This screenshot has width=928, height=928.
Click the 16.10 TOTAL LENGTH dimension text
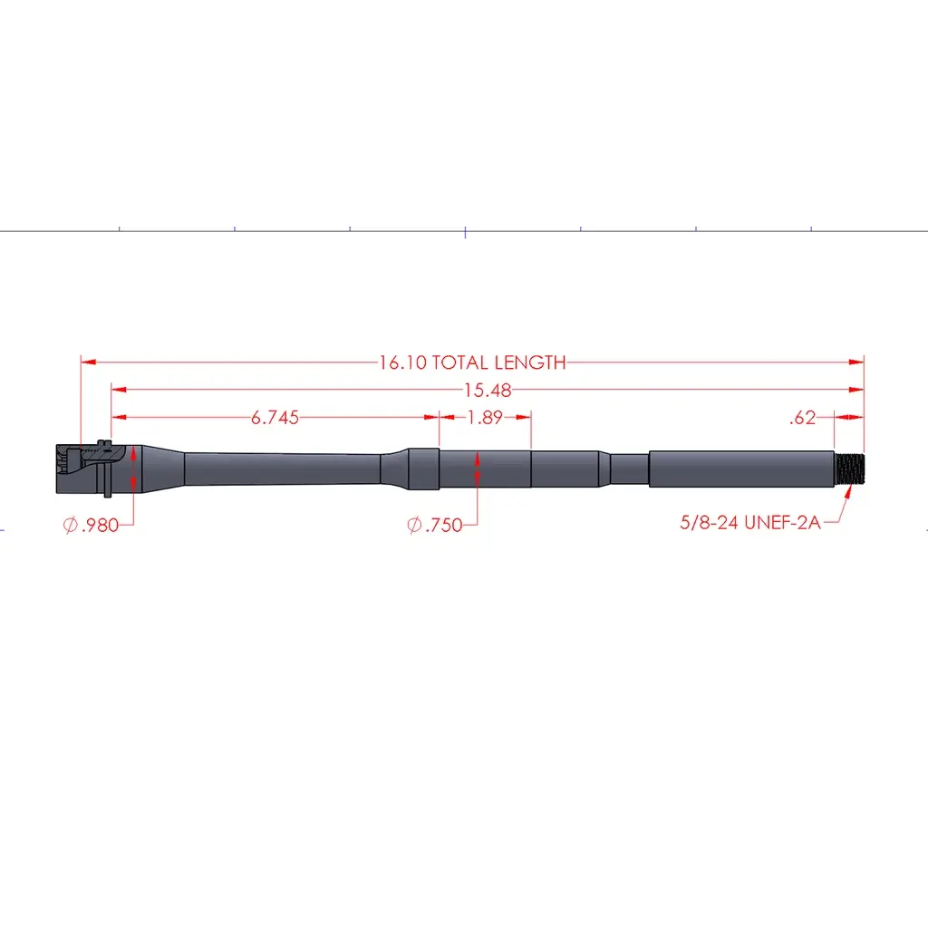point(472,362)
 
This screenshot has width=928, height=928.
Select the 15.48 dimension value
point(487,390)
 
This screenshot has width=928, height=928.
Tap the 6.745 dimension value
point(275,417)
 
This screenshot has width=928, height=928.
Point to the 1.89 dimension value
point(486,417)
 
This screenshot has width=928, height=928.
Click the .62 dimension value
point(803,417)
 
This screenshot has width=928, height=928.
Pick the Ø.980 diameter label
point(91,525)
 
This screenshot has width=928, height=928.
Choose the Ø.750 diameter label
point(435,525)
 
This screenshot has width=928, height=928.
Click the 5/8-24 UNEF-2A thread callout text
point(750,522)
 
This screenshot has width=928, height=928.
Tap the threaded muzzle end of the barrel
point(849,469)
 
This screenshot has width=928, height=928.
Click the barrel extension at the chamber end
point(82,469)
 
